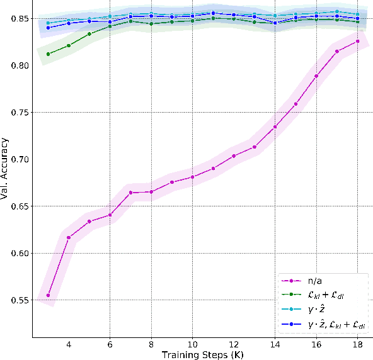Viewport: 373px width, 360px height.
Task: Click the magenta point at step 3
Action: click(49, 295)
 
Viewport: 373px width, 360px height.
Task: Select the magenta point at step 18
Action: click(358, 41)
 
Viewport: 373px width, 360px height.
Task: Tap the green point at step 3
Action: click(49, 54)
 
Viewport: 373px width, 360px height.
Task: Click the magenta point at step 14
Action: click(275, 127)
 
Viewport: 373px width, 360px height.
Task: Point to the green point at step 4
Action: click(69, 45)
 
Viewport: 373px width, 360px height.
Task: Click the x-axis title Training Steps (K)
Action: click(203, 354)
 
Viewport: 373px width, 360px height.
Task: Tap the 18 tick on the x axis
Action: click(358, 344)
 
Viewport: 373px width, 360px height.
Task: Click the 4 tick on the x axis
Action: click(69, 344)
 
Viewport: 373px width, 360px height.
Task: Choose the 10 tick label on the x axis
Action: click(193, 344)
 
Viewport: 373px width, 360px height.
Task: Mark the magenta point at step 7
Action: click(130, 193)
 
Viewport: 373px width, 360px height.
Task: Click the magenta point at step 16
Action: click(316, 76)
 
